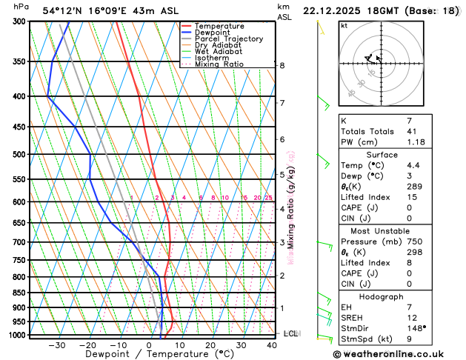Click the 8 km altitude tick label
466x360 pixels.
pyautogui.click(x=282, y=65)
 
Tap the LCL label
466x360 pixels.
pyautogui.click(x=290, y=334)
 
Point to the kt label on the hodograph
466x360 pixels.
pyautogui.click(x=344, y=25)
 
